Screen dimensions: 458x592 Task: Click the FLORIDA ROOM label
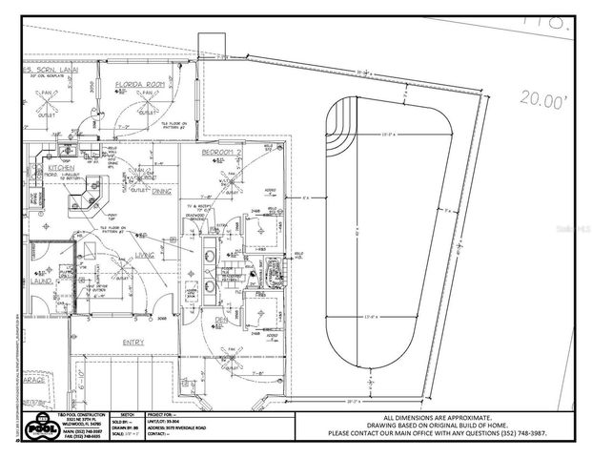[x=140, y=85]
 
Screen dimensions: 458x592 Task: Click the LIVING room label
[x=144, y=255]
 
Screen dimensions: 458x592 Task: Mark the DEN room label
[x=220, y=320]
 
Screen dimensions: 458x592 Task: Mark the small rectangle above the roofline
[x=209, y=45]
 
